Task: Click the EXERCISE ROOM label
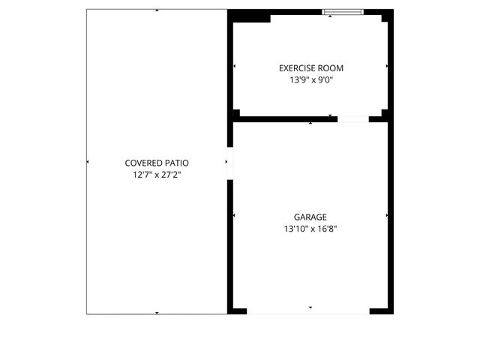tap(310, 68)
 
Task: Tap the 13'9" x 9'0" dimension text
tap(310, 79)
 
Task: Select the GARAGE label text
tap(310, 217)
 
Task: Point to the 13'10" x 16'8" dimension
tap(310, 229)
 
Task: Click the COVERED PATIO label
tap(157, 163)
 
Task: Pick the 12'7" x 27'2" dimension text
tap(157, 174)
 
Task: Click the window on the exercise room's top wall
tap(343, 12)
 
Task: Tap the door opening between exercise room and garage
tap(352, 118)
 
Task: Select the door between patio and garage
tap(229, 163)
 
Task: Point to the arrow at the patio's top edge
tap(157, 10)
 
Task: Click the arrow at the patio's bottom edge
tap(157, 312)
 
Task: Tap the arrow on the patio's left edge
tap(88, 162)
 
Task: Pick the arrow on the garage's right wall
tap(387, 216)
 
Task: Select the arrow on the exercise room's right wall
tap(387, 67)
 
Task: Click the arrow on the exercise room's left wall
tap(234, 67)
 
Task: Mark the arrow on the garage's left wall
tap(234, 216)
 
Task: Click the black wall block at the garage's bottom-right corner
tap(380, 310)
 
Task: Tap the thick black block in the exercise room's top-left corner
tap(249, 16)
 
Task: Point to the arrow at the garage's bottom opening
tap(310, 307)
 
